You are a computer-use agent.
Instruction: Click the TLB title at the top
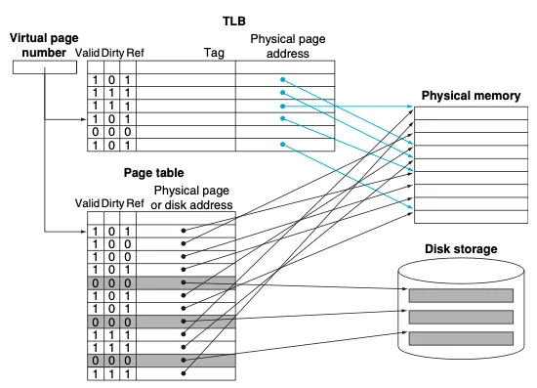pyautogui.click(x=234, y=21)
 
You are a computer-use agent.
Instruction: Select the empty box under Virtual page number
pyautogui.click(x=45, y=67)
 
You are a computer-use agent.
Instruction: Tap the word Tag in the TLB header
pyautogui.click(x=214, y=53)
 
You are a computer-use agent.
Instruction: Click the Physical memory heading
pyautogui.click(x=471, y=96)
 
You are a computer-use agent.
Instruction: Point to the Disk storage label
pyautogui.click(x=461, y=249)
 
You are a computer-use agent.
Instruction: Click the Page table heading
pyautogui.click(x=153, y=172)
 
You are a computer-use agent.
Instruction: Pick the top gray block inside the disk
pyautogui.click(x=461, y=295)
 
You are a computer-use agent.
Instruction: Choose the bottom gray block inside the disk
pyautogui.click(x=461, y=338)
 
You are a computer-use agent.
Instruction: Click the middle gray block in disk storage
pyautogui.click(x=461, y=317)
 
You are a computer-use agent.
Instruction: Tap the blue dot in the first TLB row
pyautogui.click(x=282, y=79)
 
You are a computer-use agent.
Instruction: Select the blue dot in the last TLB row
pyautogui.click(x=282, y=145)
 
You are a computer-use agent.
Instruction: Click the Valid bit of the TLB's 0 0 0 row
pyautogui.click(x=96, y=132)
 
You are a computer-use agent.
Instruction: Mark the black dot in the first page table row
pyautogui.click(x=184, y=231)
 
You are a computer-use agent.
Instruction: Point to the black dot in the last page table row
pyautogui.click(x=184, y=373)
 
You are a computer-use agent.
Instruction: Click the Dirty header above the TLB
pyautogui.click(x=112, y=53)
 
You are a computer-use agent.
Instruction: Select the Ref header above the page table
pyautogui.click(x=135, y=203)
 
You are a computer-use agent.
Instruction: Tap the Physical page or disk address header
pyautogui.click(x=191, y=197)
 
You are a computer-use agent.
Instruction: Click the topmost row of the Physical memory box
pyautogui.click(x=471, y=113)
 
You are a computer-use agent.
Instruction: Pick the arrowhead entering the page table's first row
pyautogui.click(x=83, y=232)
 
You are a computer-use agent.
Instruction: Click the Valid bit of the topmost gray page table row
pyautogui.click(x=96, y=283)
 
